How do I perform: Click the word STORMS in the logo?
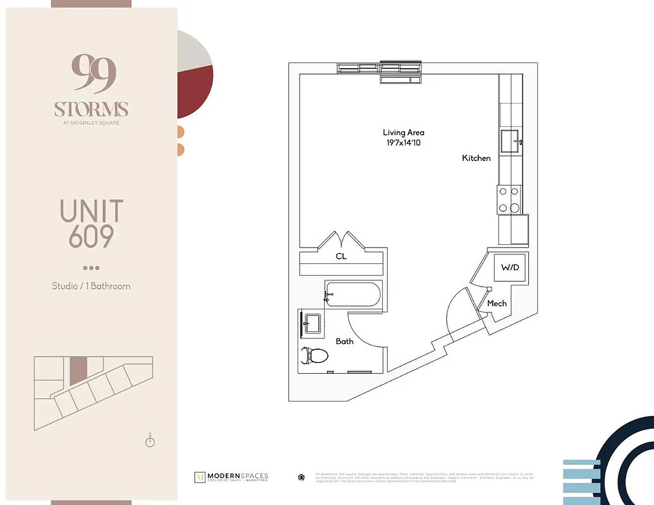(91, 109)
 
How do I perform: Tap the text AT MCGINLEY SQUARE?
(91, 122)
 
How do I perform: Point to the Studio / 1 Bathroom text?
(91, 286)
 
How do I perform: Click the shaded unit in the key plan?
(77, 371)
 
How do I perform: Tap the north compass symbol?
(150, 441)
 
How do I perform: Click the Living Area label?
(403, 133)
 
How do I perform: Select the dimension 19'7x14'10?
(403, 143)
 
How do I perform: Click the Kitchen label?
(476, 158)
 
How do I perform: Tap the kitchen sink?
(511, 140)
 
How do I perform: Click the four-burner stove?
(509, 199)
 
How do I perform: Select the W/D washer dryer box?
(509, 268)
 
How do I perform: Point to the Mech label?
(497, 304)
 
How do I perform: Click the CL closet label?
(341, 257)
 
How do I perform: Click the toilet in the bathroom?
(316, 356)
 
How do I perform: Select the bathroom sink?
(311, 323)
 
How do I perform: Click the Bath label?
(344, 342)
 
